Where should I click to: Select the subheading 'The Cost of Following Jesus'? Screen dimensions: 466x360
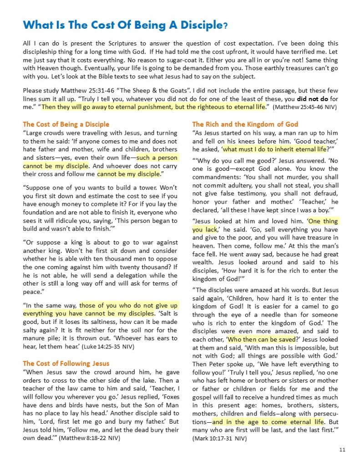(x=66, y=363)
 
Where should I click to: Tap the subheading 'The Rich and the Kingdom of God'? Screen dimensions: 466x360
(x=245, y=124)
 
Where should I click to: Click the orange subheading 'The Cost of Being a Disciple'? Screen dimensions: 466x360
(x=66, y=124)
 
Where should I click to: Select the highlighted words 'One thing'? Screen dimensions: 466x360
(x=324, y=221)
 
